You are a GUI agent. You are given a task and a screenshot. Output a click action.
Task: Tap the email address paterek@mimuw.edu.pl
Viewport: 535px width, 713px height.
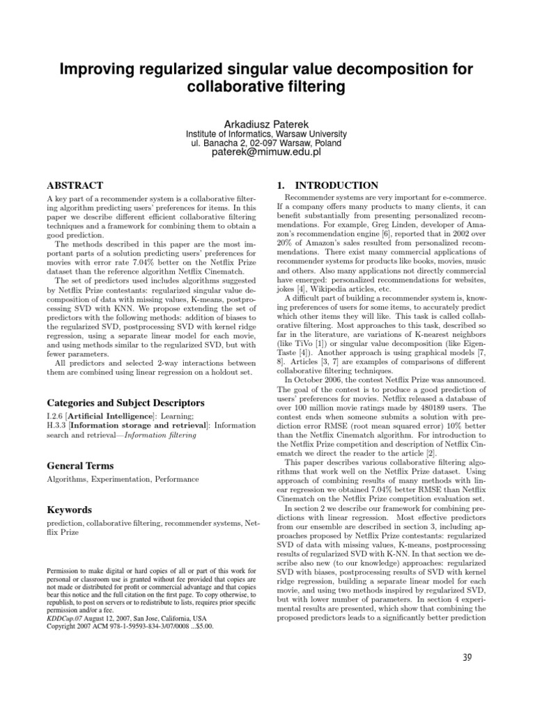point(267,153)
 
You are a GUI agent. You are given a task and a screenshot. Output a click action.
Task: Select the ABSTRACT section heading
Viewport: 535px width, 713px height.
point(75,186)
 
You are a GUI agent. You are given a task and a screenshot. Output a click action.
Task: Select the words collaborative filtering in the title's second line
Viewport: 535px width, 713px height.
point(267,87)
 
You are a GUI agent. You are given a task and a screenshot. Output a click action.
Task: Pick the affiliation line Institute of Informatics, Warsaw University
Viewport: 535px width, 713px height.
point(267,134)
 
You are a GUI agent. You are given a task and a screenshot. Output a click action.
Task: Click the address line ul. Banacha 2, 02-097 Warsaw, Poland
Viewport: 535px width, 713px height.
point(267,143)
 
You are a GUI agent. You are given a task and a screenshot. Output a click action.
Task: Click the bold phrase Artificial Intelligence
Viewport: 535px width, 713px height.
point(116,416)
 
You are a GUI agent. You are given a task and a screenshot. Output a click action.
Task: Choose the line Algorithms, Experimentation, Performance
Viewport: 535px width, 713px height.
point(123,479)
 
